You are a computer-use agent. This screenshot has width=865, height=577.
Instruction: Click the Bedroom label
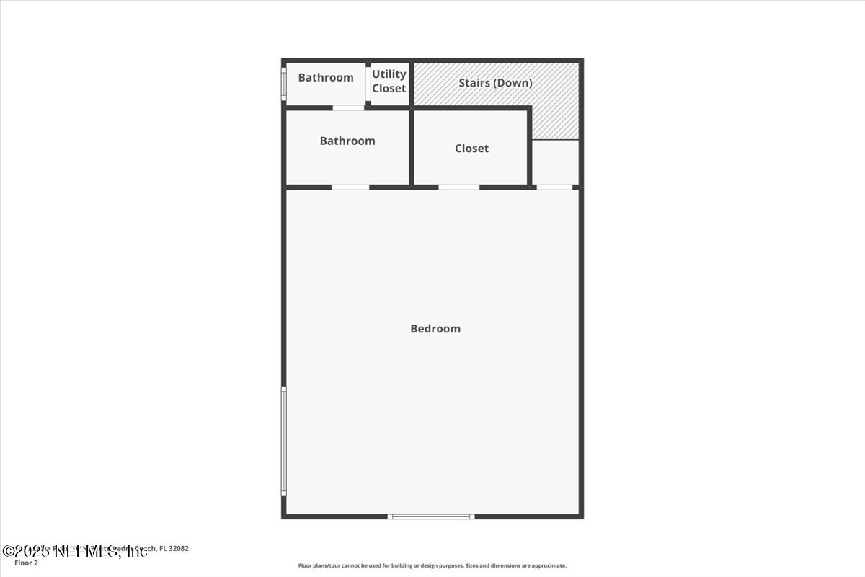pos(435,329)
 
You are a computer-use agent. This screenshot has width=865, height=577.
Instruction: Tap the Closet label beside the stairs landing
pos(471,149)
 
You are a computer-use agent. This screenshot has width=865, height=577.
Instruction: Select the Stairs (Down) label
pos(496,83)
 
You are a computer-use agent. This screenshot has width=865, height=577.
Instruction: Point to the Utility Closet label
pos(389,81)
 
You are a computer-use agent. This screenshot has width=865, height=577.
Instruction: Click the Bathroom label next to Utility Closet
pos(326,78)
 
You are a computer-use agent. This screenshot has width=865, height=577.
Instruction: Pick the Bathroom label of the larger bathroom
pos(347,141)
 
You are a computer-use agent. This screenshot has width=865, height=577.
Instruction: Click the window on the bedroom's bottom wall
pos(431,516)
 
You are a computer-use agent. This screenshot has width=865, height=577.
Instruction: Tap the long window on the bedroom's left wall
pos(284,441)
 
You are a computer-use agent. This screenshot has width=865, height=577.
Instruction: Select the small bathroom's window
pos(283,84)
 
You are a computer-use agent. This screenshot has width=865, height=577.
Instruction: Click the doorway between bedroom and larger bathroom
pos(350,188)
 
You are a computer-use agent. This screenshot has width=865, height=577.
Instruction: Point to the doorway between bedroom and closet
pos(458,188)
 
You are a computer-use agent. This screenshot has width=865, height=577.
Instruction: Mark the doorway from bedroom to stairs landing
pos(555,188)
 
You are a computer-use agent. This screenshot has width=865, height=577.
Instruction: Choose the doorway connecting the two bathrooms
pos(348,108)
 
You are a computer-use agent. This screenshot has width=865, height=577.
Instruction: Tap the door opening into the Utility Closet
pos(368,84)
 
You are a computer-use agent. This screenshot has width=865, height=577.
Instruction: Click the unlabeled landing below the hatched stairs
pos(555,163)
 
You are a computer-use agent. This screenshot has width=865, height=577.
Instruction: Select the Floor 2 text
pos(26,563)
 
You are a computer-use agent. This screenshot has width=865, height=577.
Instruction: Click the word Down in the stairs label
pos(516,83)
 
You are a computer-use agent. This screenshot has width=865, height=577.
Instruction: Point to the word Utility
pos(389,74)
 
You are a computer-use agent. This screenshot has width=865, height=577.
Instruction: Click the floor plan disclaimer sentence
pos(432,566)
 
